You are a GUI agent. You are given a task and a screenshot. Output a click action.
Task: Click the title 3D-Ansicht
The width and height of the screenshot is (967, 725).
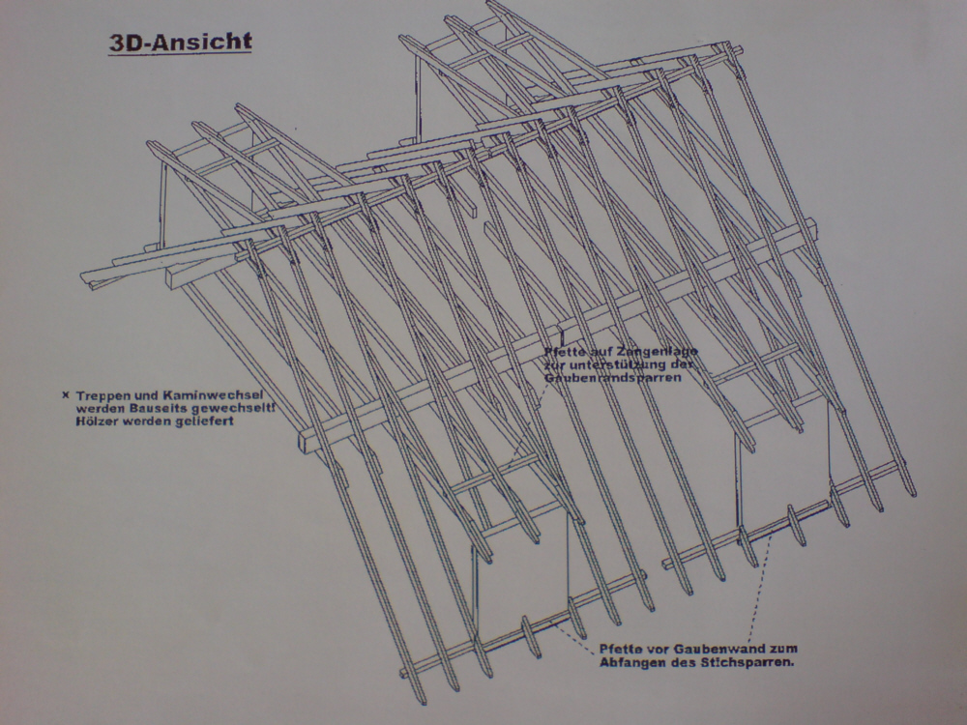[181, 43]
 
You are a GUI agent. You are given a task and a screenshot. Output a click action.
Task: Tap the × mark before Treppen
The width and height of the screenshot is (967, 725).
[65, 395]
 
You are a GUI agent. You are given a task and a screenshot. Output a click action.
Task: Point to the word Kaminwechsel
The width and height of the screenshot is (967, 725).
[192, 395]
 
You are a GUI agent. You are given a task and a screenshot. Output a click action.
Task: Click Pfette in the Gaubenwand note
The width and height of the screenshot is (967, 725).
[617, 649]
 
